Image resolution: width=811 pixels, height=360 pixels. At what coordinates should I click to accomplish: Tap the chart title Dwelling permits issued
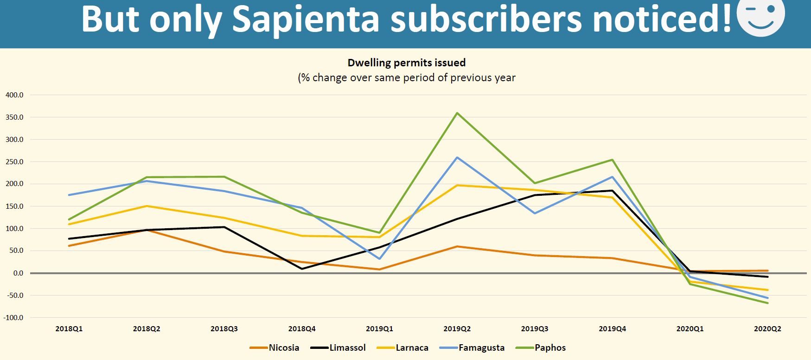pyautogui.click(x=406, y=63)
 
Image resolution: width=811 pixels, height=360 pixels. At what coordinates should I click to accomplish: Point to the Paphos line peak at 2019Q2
pyautogui.click(x=457, y=113)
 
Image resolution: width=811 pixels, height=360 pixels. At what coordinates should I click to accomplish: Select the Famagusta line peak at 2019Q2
pyautogui.click(x=457, y=158)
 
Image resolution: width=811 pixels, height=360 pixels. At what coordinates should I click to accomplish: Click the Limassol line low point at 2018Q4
pyautogui.click(x=302, y=269)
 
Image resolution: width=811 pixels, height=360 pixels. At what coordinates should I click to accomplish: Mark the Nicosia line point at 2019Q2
pyautogui.click(x=457, y=246)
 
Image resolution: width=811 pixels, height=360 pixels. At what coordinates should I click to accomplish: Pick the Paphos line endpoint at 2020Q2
pyautogui.click(x=768, y=303)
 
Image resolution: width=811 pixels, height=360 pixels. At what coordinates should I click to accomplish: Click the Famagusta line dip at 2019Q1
pyautogui.click(x=380, y=259)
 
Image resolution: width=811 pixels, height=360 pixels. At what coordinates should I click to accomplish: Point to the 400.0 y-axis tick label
pyautogui.click(x=14, y=95)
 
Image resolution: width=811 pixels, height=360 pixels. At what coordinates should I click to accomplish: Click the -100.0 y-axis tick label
pyautogui.click(x=13, y=318)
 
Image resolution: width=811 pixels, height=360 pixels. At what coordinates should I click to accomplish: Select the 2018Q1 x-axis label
pyautogui.click(x=69, y=329)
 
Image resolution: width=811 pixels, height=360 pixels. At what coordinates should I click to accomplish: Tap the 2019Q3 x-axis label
pyautogui.click(x=535, y=329)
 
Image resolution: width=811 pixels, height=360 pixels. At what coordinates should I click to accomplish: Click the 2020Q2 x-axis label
pyautogui.click(x=767, y=329)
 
